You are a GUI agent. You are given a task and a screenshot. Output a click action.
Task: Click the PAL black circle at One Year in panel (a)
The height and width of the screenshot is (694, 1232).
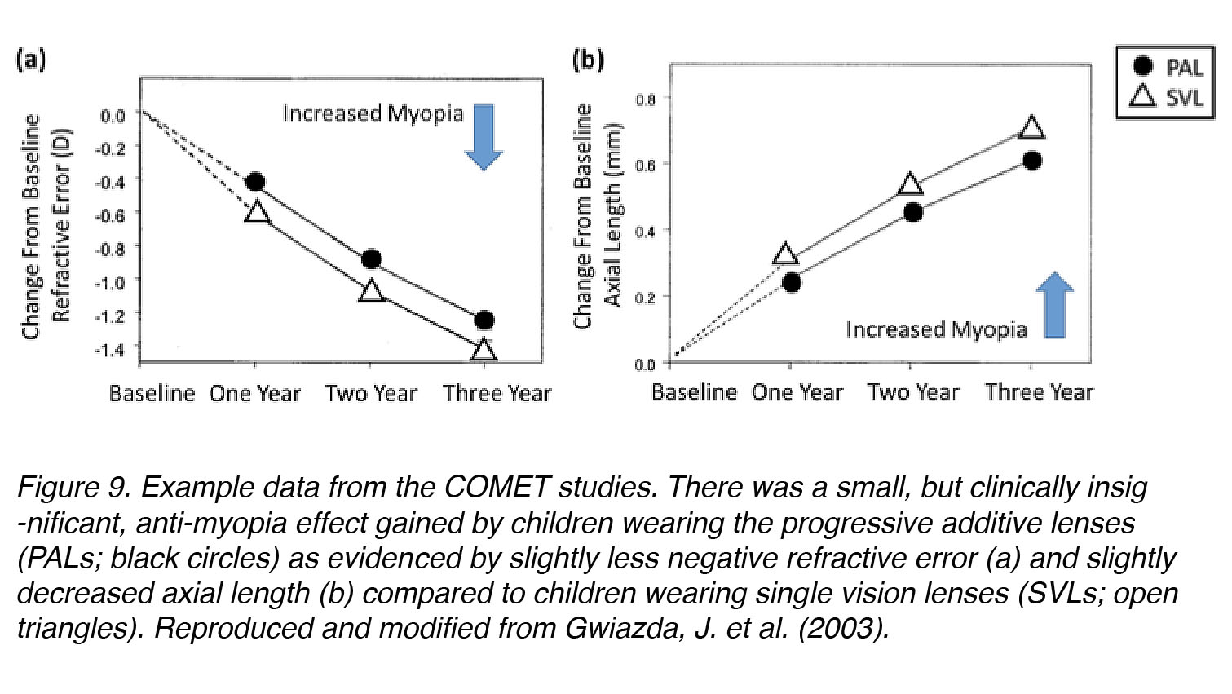pyautogui.click(x=255, y=182)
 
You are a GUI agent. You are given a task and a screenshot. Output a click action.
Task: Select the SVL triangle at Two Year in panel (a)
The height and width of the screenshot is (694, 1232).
pyautogui.click(x=371, y=290)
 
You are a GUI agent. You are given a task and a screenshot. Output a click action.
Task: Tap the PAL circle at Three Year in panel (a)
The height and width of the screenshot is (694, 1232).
pyautogui.click(x=484, y=320)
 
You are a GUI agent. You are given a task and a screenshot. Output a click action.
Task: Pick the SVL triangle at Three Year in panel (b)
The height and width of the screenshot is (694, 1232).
pyautogui.click(x=1031, y=128)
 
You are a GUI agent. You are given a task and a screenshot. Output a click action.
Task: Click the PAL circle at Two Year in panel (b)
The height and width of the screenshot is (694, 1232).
pyautogui.click(x=913, y=212)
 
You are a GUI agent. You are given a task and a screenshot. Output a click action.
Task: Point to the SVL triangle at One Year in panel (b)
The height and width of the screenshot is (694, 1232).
pyautogui.click(x=785, y=254)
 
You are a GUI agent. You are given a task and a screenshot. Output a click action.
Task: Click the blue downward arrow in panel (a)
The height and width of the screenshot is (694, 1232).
pyautogui.click(x=484, y=136)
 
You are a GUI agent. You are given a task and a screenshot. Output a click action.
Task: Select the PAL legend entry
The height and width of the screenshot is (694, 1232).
pyautogui.click(x=1166, y=67)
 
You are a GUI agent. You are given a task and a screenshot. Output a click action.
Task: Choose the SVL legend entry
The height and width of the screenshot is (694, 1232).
pyautogui.click(x=1166, y=97)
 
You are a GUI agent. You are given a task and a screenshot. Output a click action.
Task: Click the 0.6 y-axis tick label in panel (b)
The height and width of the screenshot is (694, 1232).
pyautogui.click(x=645, y=165)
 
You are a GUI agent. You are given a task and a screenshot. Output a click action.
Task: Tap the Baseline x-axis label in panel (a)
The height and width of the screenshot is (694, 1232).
pyautogui.click(x=152, y=394)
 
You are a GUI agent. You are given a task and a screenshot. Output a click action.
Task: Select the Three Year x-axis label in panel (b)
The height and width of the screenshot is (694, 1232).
pyautogui.click(x=1039, y=392)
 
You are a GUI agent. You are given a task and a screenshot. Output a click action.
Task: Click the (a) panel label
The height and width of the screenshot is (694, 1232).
pyautogui.click(x=32, y=60)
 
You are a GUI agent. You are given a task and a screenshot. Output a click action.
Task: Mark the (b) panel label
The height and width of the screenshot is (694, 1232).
pyautogui.click(x=588, y=60)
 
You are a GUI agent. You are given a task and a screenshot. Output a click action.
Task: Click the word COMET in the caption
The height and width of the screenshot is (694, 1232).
pyautogui.click(x=497, y=487)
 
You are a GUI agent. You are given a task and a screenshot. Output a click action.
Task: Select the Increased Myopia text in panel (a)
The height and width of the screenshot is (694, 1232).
pyautogui.click(x=373, y=113)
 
